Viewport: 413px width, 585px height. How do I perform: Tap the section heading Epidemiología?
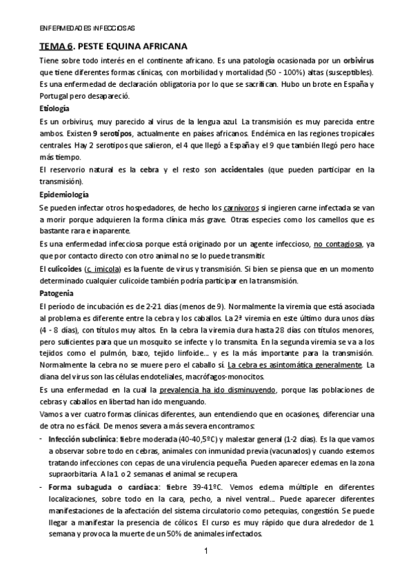(x=63, y=194)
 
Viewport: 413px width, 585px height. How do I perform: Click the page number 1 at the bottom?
(x=206, y=551)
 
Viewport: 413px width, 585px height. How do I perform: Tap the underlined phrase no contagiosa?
(x=339, y=244)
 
